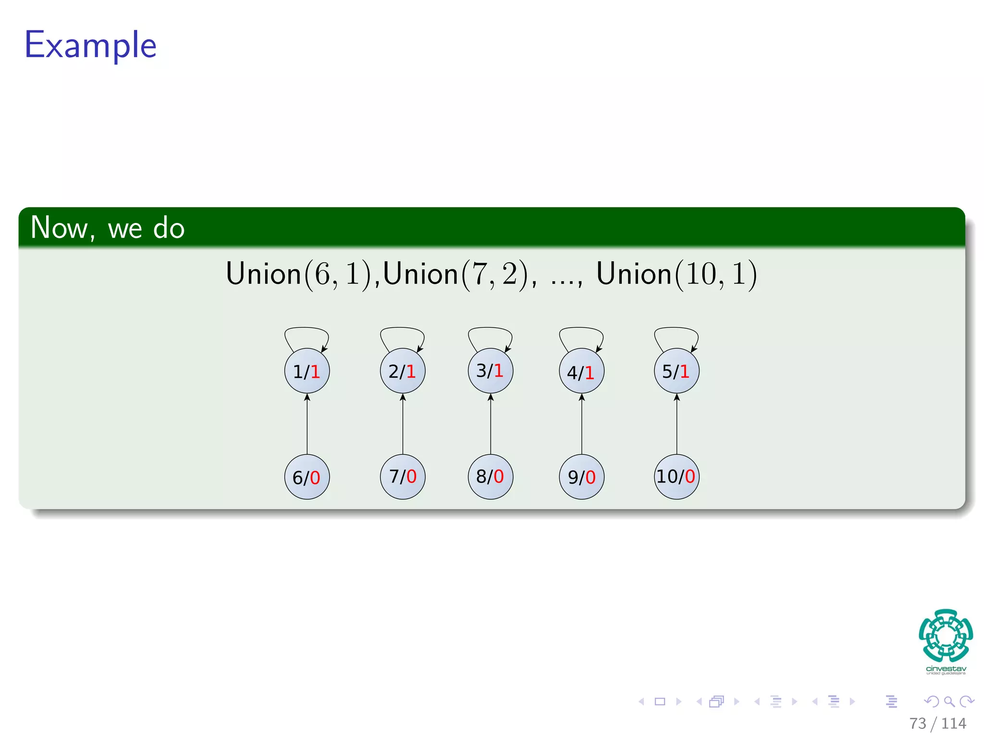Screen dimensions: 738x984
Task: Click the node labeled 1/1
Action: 307,371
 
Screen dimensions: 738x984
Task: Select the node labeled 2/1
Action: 403,371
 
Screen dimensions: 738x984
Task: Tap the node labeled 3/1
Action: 491,370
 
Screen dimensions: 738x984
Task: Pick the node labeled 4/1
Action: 581,371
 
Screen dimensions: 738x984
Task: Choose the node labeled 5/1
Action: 676,371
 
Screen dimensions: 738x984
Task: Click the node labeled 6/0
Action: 307,477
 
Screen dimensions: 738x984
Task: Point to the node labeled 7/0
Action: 403,477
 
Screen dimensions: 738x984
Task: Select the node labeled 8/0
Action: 491,477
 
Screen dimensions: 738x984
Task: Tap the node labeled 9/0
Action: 581,477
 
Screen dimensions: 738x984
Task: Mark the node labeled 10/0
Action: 676,477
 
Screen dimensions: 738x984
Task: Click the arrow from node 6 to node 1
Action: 307,424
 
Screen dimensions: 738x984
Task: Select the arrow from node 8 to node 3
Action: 491,424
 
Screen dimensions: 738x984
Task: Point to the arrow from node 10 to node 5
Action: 676,424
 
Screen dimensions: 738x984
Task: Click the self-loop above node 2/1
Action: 402,329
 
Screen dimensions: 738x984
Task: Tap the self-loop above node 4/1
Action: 581,329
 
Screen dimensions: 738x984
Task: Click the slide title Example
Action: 91,45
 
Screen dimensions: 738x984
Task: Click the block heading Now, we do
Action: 108,228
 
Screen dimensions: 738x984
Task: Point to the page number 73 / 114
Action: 937,723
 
